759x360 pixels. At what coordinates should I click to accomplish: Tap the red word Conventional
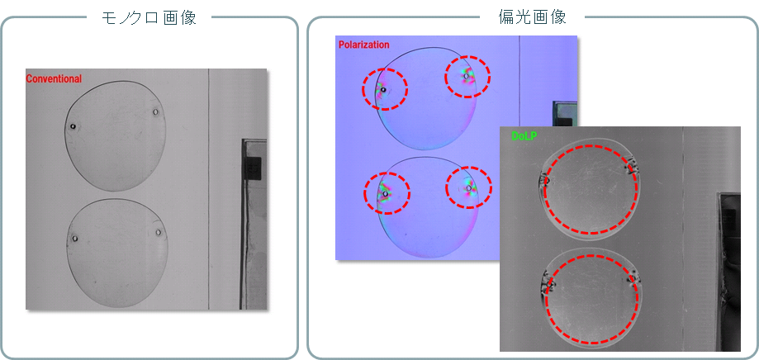(54, 79)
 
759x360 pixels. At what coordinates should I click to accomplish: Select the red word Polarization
(363, 45)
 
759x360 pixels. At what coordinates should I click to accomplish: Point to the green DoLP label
(524, 135)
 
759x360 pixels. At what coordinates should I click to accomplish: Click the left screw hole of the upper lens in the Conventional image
(73, 126)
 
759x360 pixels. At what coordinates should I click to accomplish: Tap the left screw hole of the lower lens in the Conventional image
(74, 239)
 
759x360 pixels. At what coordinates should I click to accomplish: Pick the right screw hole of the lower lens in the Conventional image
(158, 232)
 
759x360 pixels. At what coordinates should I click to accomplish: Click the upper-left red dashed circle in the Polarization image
(384, 88)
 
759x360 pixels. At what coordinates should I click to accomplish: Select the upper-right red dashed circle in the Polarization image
(467, 77)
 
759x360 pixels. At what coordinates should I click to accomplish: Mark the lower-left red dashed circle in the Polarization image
(386, 192)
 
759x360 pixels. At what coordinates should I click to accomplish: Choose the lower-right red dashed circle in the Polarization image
(468, 188)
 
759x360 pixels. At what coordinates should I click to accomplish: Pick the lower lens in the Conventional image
(116, 253)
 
